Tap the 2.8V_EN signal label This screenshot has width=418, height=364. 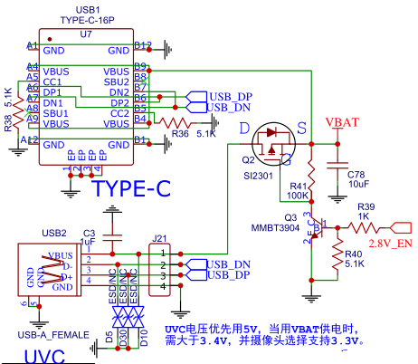point(390,244)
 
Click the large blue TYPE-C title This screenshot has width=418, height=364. point(132,189)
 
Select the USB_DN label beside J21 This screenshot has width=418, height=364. point(229,263)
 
